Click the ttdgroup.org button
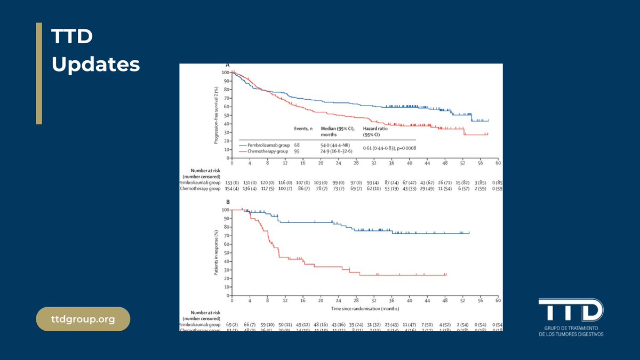[x=83, y=319]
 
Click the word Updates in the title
[x=95, y=65]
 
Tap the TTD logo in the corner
[x=570, y=311]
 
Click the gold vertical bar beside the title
[x=39, y=74]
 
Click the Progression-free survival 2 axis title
[x=217, y=114]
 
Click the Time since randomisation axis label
[x=365, y=308]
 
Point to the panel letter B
[x=228, y=203]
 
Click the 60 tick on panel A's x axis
[x=497, y=164]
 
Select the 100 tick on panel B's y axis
[x=225, y=210]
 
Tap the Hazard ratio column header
[x=376, y=129]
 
